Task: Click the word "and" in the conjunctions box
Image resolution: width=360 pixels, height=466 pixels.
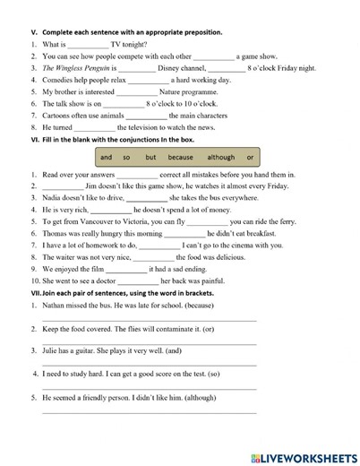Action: (x=107, y=158)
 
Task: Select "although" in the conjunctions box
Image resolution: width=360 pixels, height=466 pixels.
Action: (x=221, y=158)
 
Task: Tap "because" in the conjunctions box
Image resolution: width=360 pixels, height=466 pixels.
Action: (x=180, y=158)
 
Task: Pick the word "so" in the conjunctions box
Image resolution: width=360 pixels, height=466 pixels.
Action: (x=126, y=158)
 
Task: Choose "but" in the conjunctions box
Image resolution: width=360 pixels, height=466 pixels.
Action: (x=150, y=158)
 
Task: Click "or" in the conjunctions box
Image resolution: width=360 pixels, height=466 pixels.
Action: (x=250, y=158)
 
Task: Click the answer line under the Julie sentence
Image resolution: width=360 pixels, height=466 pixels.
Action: (x=149, y=365)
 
